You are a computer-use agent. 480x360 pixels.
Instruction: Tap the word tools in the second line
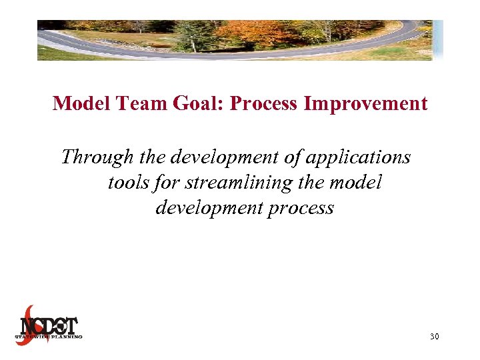coord(128,182)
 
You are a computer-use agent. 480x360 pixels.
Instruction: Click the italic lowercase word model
coord(358,182)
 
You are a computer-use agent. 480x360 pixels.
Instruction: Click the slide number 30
coord(434,337)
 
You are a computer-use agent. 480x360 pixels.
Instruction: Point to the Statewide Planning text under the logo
coord(49,337)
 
